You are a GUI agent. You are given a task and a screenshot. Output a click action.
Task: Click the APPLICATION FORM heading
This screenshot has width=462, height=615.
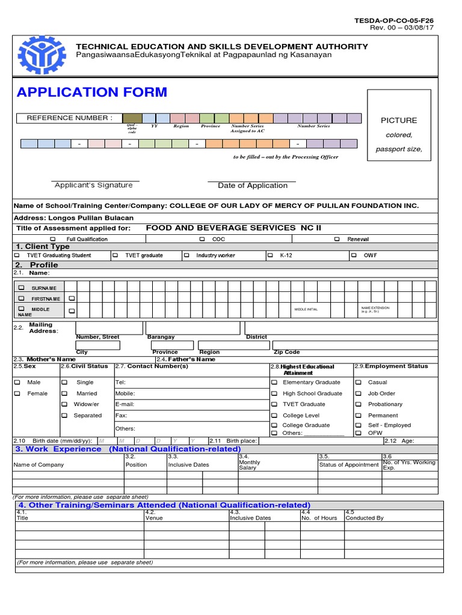click(92, 92)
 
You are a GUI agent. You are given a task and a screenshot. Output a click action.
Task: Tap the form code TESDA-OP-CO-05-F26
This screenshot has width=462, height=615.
click(393, 20)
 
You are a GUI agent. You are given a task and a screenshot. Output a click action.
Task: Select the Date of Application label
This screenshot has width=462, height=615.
click(253, 186)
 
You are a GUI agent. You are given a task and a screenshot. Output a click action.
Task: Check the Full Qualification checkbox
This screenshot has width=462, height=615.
click(52, 239)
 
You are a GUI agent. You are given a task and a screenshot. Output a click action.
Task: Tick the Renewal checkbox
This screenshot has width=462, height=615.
click(336, 239)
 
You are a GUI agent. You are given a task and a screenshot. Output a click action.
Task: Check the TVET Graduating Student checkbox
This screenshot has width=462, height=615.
click(16, 255)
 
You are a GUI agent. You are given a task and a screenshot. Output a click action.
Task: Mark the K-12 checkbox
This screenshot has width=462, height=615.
click(270, 255)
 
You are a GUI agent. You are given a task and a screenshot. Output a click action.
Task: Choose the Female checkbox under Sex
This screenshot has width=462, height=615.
click(17, 393)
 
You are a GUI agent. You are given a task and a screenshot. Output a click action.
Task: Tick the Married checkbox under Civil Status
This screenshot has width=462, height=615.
click(64, 393)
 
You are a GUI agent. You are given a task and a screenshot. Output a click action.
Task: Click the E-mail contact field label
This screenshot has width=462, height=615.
click(125, 404)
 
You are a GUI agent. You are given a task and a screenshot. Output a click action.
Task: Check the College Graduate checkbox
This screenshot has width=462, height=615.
click(274, 425)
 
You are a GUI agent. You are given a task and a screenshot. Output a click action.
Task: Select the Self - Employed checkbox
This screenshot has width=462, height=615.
click(359, 425)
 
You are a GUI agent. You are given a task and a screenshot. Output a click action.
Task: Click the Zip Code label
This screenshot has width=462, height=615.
click(286, 352)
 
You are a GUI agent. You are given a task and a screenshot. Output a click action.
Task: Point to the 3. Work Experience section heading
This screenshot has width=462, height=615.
click(58, 449)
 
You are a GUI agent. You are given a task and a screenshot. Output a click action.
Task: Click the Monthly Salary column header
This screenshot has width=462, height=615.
click(250, 464)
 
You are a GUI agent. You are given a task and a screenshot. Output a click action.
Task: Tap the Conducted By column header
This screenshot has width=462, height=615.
click(365, 518)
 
